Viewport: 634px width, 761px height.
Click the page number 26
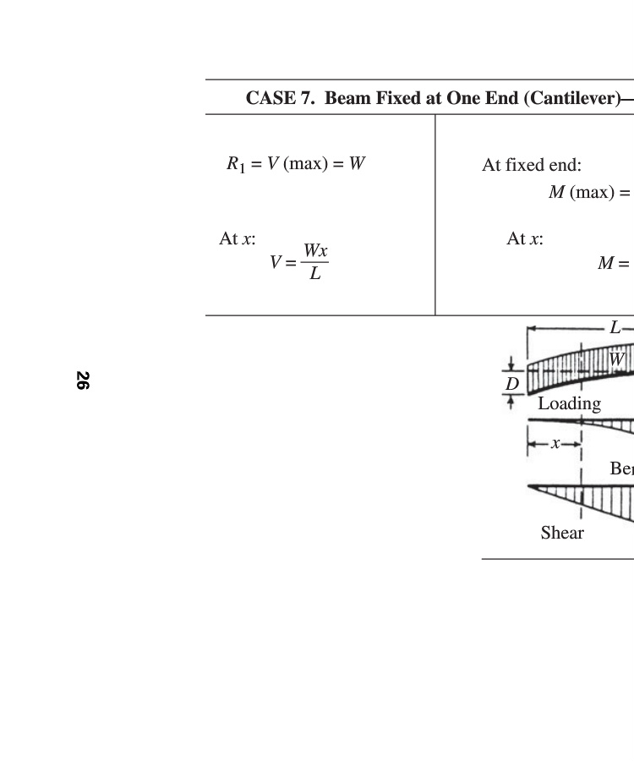[83, 380]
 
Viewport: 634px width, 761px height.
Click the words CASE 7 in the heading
[280, 98]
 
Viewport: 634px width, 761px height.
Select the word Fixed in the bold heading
[398, 98]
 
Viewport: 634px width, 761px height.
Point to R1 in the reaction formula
[236, 164]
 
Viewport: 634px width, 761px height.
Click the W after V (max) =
[357, 163]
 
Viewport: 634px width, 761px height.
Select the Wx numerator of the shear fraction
[315, 250]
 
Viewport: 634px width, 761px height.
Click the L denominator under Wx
[315, 274]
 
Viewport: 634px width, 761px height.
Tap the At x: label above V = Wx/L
[238, 238]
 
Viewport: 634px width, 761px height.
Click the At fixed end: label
[532, 165]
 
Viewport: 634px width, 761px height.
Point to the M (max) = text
[589, 192]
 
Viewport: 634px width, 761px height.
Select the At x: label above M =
[525, 238]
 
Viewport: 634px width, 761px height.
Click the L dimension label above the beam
[615, 327]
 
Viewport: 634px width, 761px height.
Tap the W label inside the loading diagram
[616, 359]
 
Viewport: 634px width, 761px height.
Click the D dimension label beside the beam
[512, 384]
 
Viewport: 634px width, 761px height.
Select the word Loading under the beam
[570, 404]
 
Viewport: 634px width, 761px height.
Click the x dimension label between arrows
[555, 443]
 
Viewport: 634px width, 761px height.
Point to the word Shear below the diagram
[562, 533]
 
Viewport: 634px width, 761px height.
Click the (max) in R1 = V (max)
[306, 163]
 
